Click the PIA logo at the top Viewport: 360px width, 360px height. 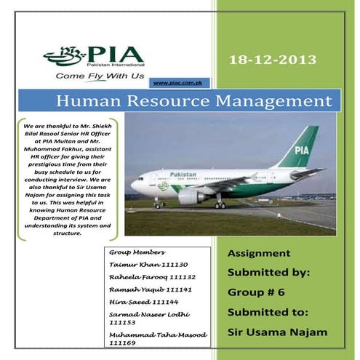tap(95, 55)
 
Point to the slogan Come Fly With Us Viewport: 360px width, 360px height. tap(95, 75)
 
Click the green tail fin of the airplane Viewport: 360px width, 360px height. tap(303, 147)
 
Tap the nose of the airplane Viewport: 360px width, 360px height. tap(134, 185)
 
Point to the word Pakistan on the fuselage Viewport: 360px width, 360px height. tap(183, 175)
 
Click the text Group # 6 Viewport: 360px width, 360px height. tap(257, 292)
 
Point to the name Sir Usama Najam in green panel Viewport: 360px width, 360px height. tap(279, 332)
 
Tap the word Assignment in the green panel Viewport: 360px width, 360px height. tap(259, 254)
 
